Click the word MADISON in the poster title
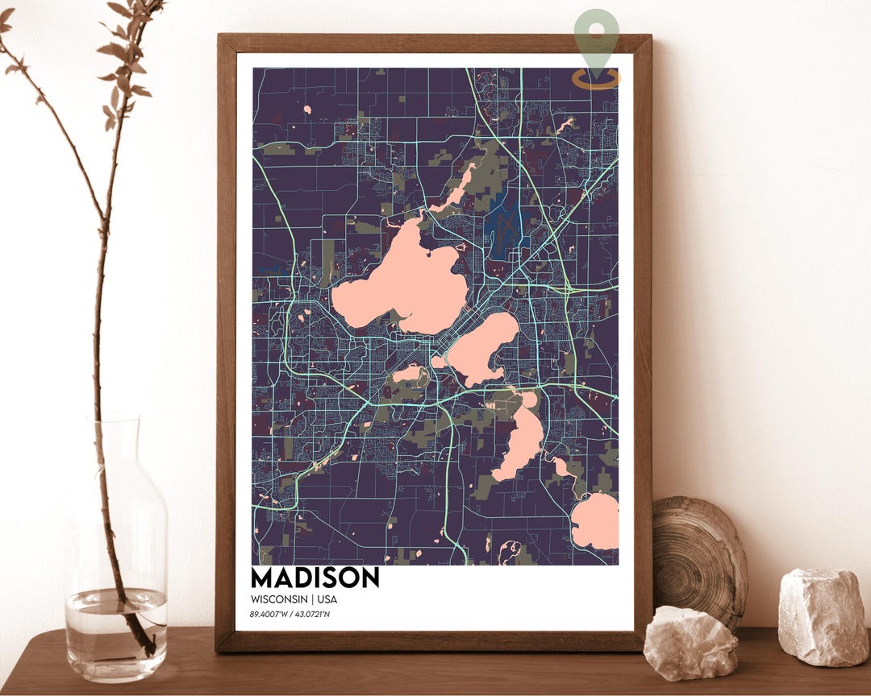(x=315, y=578)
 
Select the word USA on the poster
(x=327, y=599)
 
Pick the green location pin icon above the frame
(x=597, y=36)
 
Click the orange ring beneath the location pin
(x=597, y=80)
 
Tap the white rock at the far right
(x=823, y=616)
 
